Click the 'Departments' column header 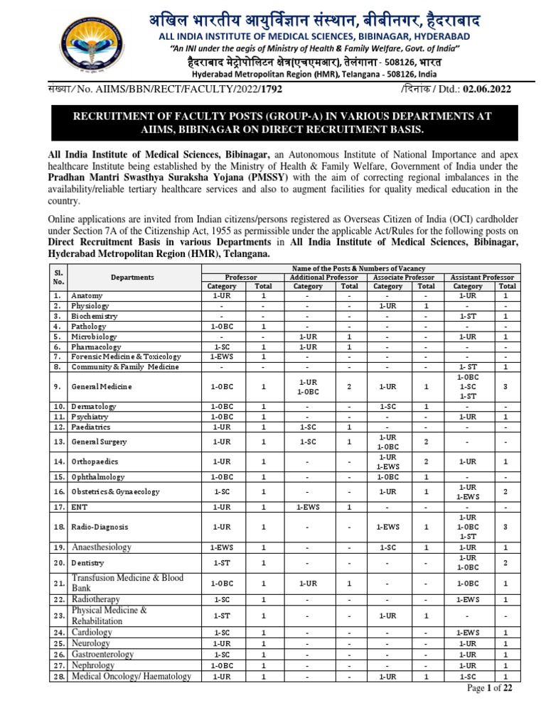click(x=132, y=278)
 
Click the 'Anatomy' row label click(x=87, y=295)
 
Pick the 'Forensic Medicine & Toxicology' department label click(x=126, y=356)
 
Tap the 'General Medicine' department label click(x=101, y=387)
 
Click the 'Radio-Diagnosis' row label click(x=100, y=528)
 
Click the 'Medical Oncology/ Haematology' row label click(x=131, y=677)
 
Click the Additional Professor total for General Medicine click(x=349, y=387)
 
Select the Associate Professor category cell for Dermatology click(x=387, y=406)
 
